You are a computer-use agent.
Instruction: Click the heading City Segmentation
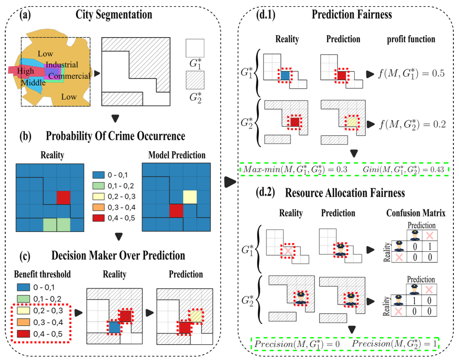coord(114,15)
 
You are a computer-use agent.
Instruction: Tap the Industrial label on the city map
coord(62,65)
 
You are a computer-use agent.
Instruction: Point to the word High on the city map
coord(25,71)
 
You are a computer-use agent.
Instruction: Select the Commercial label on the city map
coord(69,76)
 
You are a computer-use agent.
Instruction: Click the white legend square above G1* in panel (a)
coord(195,48)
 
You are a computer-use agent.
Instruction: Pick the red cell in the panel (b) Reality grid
coord(64,198)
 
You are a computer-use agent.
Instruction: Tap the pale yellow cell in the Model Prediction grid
coord(190,197)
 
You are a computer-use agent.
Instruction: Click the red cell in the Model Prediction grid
coord(176,211)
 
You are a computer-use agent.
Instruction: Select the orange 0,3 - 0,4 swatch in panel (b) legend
coord(99,207)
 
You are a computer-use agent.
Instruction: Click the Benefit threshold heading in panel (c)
coord(42,274)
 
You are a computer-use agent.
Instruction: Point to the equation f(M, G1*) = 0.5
coord(411,74)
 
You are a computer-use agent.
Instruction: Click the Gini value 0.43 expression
coord(403,169)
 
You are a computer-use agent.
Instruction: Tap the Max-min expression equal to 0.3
coord(295,169)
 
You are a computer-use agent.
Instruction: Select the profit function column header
coord(411,39)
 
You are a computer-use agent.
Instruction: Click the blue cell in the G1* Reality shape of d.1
coord(285,75)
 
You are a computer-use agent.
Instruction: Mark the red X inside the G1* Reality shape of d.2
coord(288,251)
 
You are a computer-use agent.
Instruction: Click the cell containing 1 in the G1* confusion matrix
coord(429,246)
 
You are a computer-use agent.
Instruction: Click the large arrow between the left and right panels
coord(230,182)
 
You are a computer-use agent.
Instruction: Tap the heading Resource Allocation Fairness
coord(345,193)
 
